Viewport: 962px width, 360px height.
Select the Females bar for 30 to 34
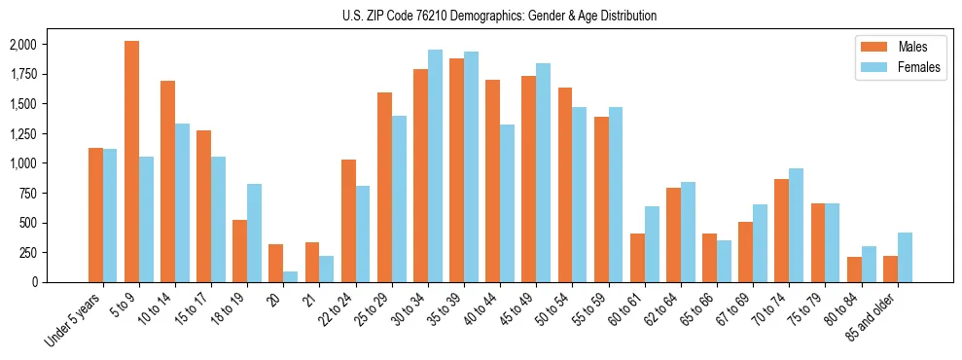click(435, 165)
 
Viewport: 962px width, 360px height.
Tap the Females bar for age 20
click(291, 276)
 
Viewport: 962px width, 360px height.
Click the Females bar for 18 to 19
click(255, 233)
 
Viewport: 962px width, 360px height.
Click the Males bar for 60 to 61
click(637, 258)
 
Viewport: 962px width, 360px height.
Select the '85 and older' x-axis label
click(874, 315)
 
